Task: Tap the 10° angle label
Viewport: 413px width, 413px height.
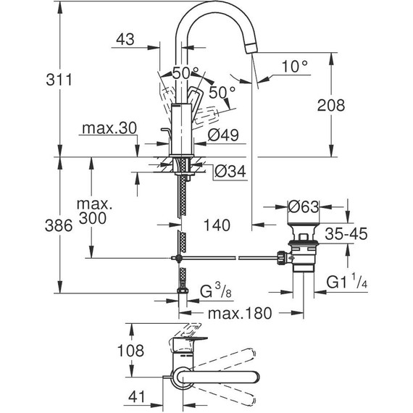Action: [x=296, y=65]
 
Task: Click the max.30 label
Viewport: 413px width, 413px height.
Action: [x=109, y=129]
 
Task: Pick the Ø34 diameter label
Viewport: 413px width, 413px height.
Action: [x=230, y=172]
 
